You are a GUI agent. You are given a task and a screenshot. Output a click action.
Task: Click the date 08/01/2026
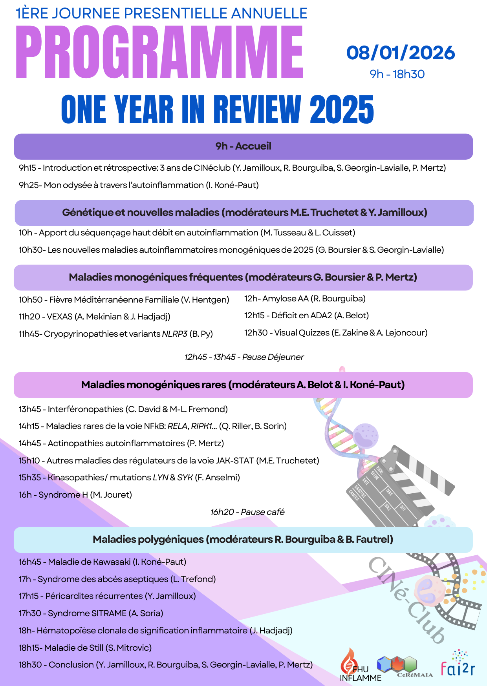pyautogui.click(x=400, y=53)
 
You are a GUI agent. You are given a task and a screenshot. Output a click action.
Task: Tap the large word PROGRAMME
pyautogui.click(x=159, y=52)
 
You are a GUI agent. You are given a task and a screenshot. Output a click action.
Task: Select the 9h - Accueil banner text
pyautogui.click(x=243, y=146)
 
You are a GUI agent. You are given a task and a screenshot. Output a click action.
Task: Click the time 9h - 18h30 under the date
pyautogui.click(x=397, y=74)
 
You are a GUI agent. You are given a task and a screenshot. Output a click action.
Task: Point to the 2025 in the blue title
pyautogui.click(x=342, y=110)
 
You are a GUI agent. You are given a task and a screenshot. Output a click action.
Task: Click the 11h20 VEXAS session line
pyautogui.click(x=94, y=317)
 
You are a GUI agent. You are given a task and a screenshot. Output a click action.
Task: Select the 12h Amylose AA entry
pyautogui.click(x=305, y=299)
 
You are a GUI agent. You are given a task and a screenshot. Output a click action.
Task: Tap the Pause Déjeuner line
pyautogui.click(x=244, y=357)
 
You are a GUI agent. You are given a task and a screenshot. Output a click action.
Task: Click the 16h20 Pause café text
pyautogui.click(x=247, y=512)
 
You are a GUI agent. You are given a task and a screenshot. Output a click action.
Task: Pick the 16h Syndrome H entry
pyautogui.click(x=75, y=495)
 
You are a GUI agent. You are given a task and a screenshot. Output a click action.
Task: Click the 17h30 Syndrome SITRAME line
pyautogui.click(x=91, y=613)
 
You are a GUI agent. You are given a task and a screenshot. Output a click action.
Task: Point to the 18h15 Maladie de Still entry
pyautogui.click(x=85, y=648)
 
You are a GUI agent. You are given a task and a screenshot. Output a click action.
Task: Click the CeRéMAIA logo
pyautogui.click(x=401, y=666)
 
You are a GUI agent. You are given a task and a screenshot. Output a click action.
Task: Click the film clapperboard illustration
pyautogui.click(x=397, y=489)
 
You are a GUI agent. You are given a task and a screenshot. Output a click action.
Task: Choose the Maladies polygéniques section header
pyautogui.click(x=243, y=540)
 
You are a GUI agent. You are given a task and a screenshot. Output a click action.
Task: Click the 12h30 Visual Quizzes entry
pyautogui.click(x=336, y=333)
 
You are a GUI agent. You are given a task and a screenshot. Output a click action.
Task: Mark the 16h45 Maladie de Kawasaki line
pyautogui.click(x=102, y=562)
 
